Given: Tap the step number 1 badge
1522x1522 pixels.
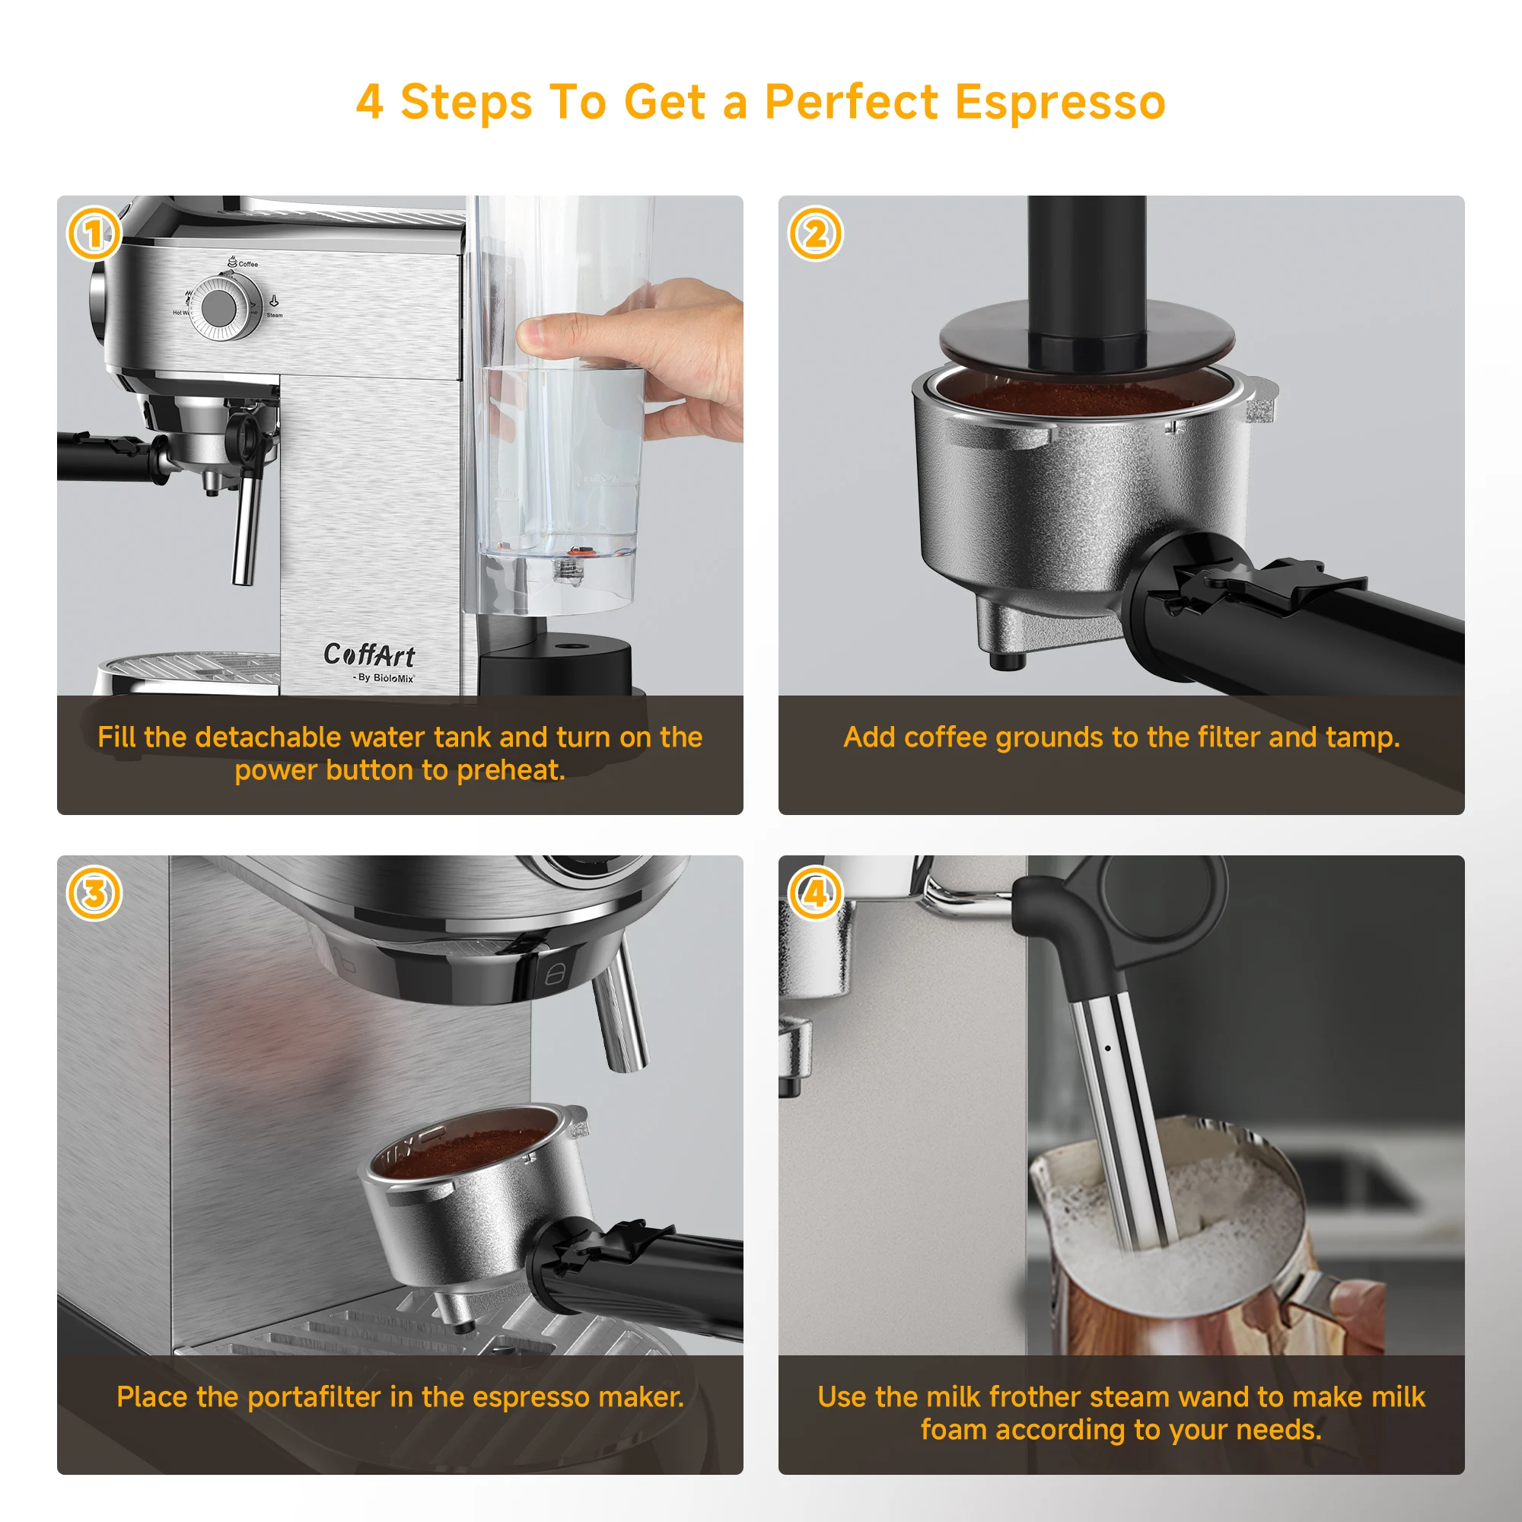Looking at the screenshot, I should [x=94, y=234].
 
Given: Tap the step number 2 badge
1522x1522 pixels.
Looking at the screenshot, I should [x=815, y=234].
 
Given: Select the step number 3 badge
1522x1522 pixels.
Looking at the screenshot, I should [x=94, y=893].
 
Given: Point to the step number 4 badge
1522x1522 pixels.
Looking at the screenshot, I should [x=815, y=893].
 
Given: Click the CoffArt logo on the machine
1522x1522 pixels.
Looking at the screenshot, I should [x=368, y=654].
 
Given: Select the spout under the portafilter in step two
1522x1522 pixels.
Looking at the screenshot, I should [x=1002, y=658].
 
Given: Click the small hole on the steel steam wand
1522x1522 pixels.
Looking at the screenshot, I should [x=1109, y=1048].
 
